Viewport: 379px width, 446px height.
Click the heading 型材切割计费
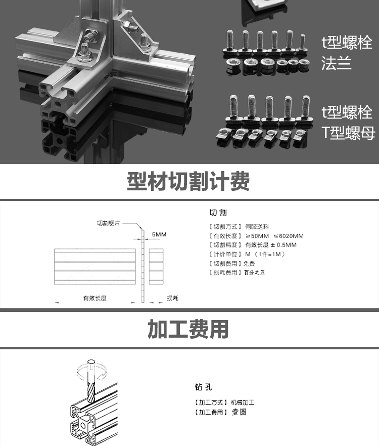(188, 181)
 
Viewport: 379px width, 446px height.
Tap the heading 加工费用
(188, 329)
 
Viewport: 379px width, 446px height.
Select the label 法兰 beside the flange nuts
(337, 63)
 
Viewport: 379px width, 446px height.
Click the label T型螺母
(348, 133)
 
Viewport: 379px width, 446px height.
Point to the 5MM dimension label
(159, 234)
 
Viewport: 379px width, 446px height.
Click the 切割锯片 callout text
(109, 223)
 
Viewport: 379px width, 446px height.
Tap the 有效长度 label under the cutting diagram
(95, 298)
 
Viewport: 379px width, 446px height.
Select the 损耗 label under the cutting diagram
(173, 298)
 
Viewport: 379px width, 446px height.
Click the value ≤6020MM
(289, 236)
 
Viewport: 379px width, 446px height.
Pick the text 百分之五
(254, 272)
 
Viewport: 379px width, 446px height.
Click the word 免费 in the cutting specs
(249, 263)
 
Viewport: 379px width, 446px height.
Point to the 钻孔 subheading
(204, 387)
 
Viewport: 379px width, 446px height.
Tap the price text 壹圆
(239, 412)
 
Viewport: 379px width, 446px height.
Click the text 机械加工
(243, 402)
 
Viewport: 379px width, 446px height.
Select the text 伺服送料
(257, 227)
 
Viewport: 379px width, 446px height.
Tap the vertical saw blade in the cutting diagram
(143, 266)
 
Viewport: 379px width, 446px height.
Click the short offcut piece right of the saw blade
(156, 266)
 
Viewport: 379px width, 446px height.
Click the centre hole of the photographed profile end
(58, 104)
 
